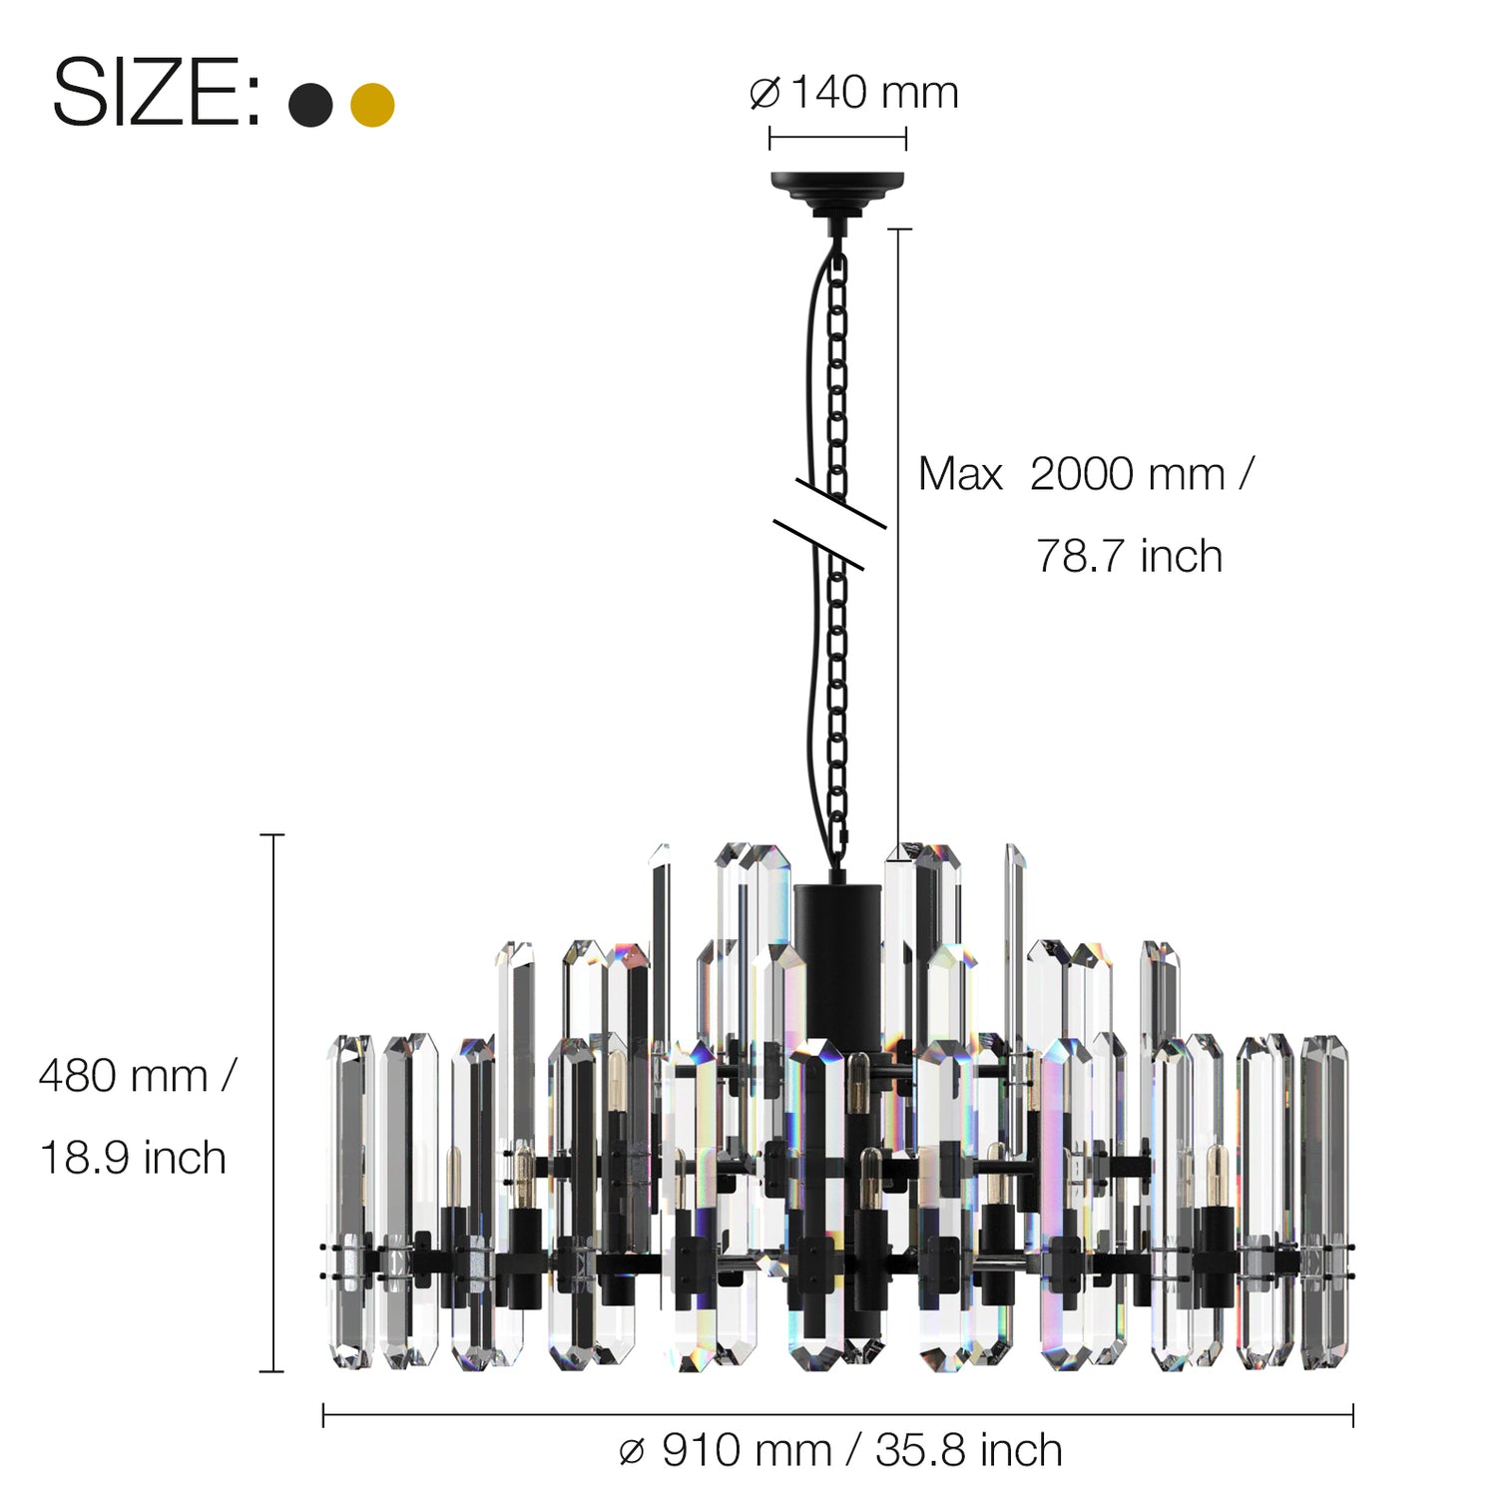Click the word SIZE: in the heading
coord(156,94)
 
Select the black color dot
coord(310,105)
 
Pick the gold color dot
coord(372,105)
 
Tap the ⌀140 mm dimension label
coord(853,93)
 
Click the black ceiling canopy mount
coord(837,187)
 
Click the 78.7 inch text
coord(1129,557)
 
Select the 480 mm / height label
coord(137,1076)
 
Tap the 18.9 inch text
coord(133,1159)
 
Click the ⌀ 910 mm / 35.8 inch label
coord(840,1450)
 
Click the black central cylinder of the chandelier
coord(838,958)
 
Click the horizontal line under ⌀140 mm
coord(837,139)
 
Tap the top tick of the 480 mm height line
coord(272,834)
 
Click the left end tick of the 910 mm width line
coord(323,1414)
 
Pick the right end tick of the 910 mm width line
coord(1353,1414)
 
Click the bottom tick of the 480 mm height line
coord(272,1371)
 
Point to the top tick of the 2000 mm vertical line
coord(899,230)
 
